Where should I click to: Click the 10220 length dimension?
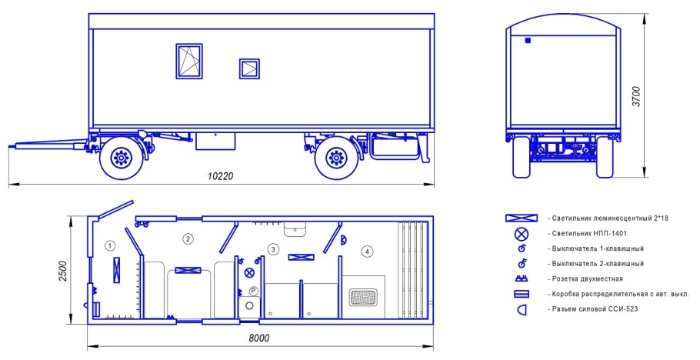click(x=221, y=176)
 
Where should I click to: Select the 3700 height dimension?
click(x=637, y=96)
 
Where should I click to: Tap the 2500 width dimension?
click(x=63, y=271)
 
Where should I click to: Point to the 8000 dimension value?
click(x=259, y=338)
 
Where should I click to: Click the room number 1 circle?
click(x=110, y=245)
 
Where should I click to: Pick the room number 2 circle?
click(x=188, y=239)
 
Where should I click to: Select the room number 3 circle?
click(x=273, y=249)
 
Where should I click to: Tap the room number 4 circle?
click(x=367, y=252)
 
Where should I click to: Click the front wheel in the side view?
click(x=122, y=158)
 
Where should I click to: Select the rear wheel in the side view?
click(x=337, y=158)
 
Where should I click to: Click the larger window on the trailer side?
click(x=188, y=62)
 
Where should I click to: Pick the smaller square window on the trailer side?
click(x=249, y=68)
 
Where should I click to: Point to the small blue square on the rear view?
click(x=528, y=41)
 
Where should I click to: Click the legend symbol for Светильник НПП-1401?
click(x=522, y=234)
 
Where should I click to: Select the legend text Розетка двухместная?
click(x=587, y=278)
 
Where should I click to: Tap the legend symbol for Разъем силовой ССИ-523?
click(x=522, y=309)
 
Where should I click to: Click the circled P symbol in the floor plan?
click(x=254, y=292)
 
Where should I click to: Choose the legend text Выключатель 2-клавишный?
click(x=598, y=264)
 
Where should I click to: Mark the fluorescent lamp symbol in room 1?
click(x=116, y=270)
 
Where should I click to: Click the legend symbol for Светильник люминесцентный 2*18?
click(x=522, y=218)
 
